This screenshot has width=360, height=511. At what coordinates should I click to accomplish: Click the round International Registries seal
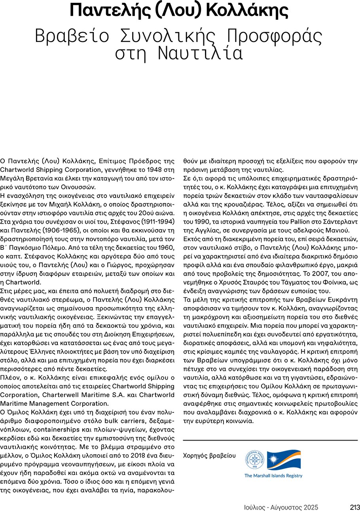pyautogui.click(x=254, y=459)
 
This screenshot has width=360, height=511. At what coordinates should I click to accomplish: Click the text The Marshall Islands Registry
pyautogui.click(x=273, y=476)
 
